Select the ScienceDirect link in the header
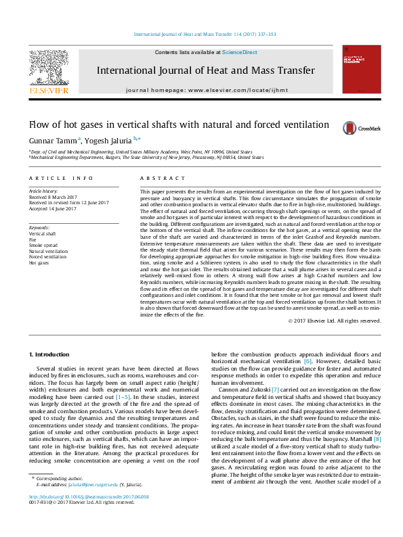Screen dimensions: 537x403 click(x=239, y=52)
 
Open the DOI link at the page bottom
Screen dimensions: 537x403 click(x=89, y=515)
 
